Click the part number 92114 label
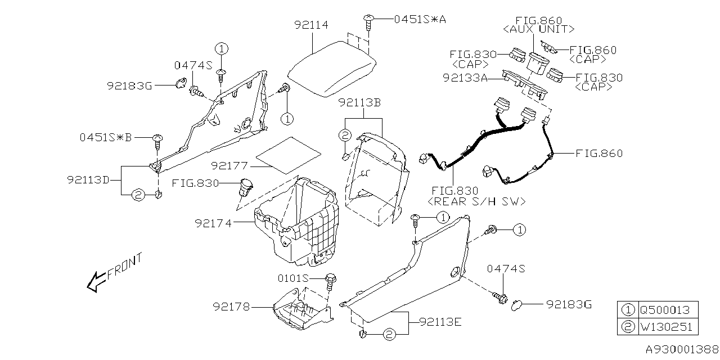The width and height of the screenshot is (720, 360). pos(311,25)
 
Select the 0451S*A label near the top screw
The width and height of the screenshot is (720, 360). pos(418,19)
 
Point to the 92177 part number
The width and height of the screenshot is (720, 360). pos(231,166)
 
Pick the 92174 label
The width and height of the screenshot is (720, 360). pos(214,223)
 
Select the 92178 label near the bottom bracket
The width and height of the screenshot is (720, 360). pos(231,307)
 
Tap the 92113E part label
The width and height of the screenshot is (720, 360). pos(439,322)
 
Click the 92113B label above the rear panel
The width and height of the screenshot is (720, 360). pos(360,103)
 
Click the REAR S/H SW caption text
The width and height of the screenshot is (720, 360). pos(477,201)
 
